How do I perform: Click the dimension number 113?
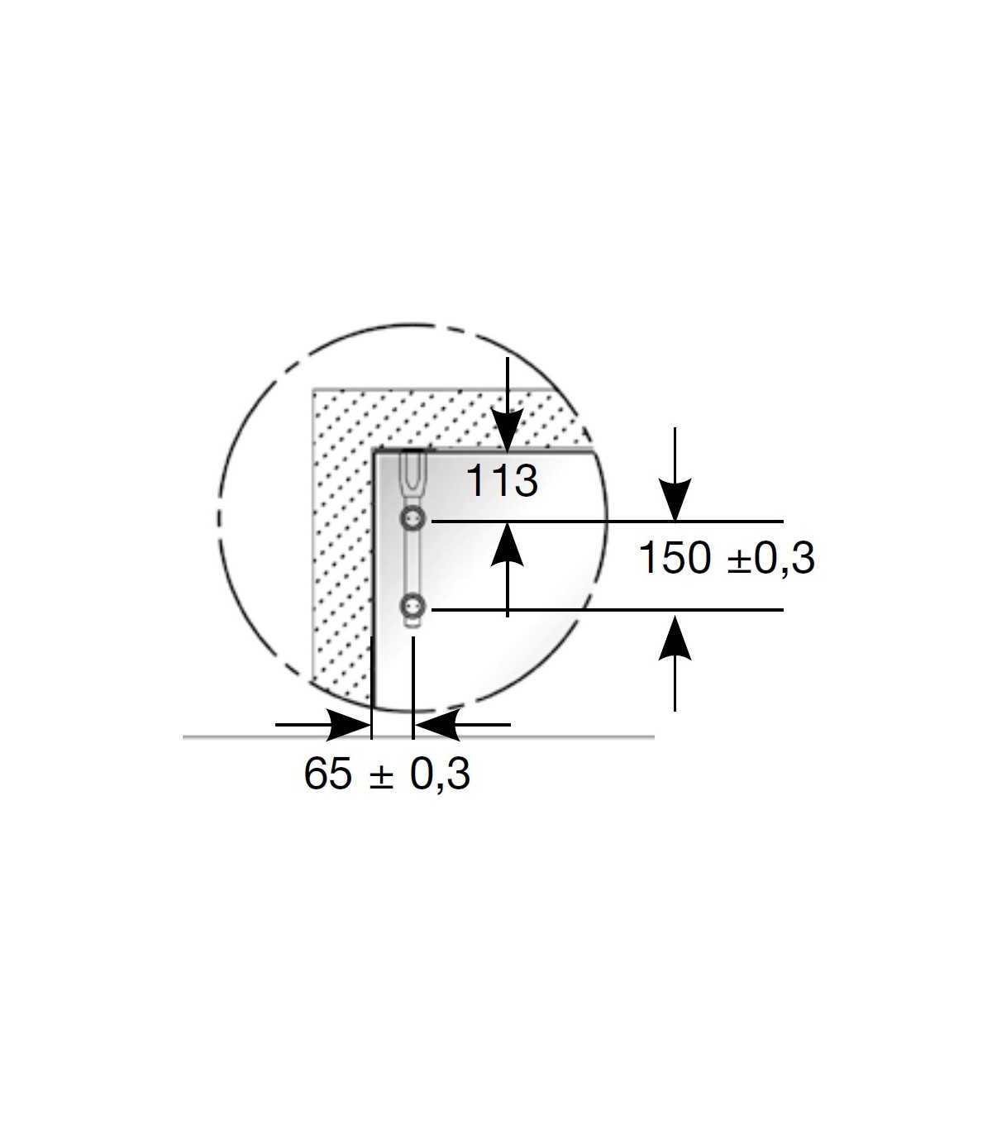point(502,481)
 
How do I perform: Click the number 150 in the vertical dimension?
point(675,558)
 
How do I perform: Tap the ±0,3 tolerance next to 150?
point(771,559)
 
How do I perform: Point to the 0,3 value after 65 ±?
point(440,774)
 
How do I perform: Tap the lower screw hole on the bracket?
point(413,607)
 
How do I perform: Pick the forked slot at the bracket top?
point(413,475)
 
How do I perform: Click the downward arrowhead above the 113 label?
point(508,430)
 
